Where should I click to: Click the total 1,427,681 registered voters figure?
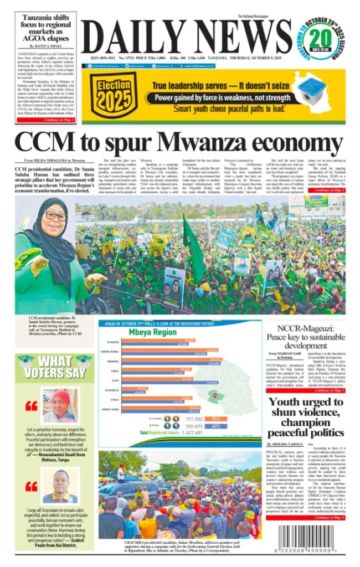click(188, 433)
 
